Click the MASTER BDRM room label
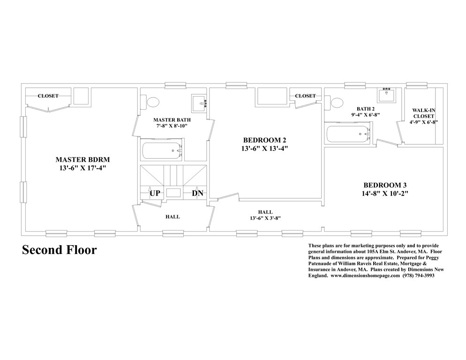[x=83, y=158]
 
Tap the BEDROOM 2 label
[x=264, y=140]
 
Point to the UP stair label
[x=155, y=193]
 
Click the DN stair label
[x=197, y=193]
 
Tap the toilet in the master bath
[x=152, y=102]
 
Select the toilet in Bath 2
[x=336, y=102]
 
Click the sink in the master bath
[x=199, y=102]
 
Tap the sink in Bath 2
[x=387, y=94]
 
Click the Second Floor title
[x=60, y=250]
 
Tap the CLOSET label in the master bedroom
[x=48, y=96]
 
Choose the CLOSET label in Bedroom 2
[x=305, y=96]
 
